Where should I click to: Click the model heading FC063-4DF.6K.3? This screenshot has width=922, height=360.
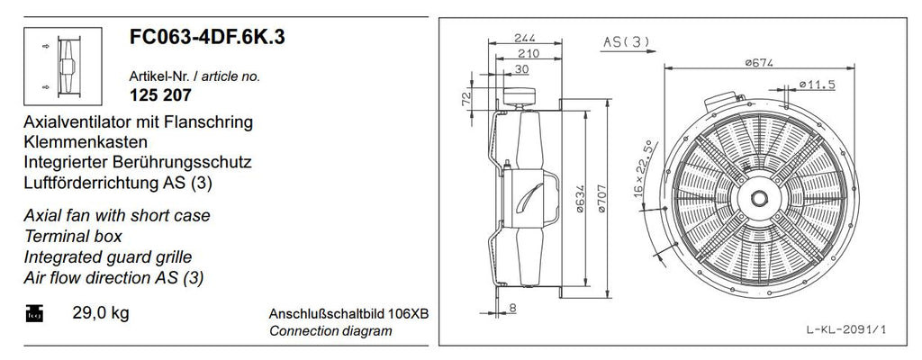[x=207, y=37]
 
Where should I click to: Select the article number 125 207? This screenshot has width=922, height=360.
[x=160, y=94]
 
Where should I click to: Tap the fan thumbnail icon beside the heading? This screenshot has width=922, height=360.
[x=63, y=66]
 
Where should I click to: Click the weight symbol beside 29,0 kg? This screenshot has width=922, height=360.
[x=35, y=313]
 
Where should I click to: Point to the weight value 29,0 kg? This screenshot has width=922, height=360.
[x=101, y=313]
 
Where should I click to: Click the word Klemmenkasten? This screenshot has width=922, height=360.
[x=86, y=142]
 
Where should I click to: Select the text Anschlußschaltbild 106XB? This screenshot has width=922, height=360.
[x=348, y=313]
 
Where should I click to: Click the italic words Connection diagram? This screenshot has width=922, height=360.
[x=330, y=330]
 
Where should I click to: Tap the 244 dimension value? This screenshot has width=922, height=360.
[x=525, y=38]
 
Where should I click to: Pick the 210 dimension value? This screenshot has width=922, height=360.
[x=528, y=53]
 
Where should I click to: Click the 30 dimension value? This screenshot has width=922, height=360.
[x=521, y=68]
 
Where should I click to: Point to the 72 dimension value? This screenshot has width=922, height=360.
[x=466, y=98]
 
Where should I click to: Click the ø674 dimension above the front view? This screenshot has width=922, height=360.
[x=758, y=62]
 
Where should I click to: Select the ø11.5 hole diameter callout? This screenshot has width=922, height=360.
[x=818, y=85]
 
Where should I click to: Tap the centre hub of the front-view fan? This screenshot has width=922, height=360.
[x=760, y=198]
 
